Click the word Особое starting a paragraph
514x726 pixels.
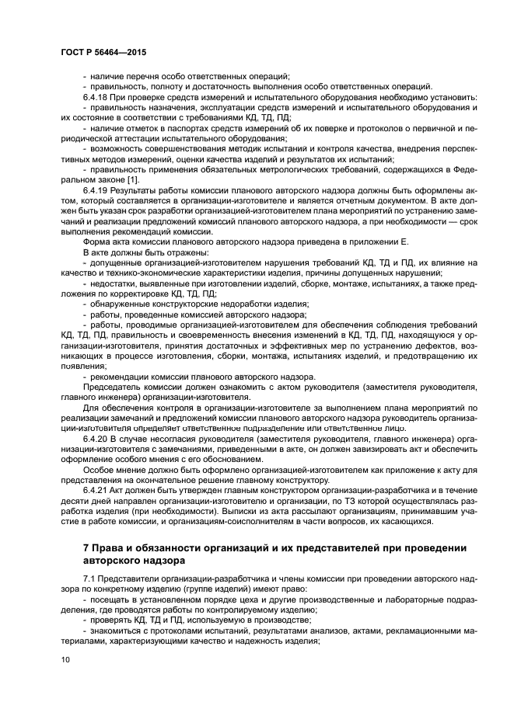(x=99, y=471)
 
